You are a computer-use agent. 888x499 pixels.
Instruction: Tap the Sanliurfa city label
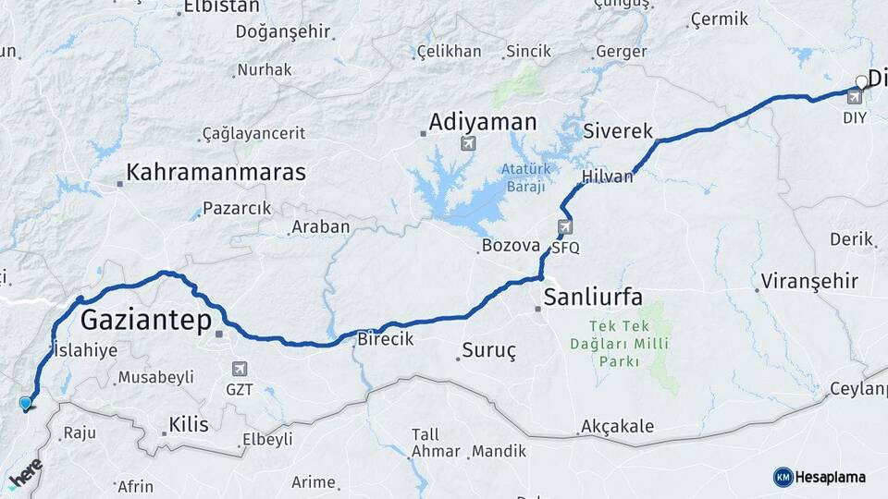(593, 297)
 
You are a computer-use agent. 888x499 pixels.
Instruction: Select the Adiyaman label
(482, 122)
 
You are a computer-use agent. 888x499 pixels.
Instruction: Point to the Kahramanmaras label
(216, 172)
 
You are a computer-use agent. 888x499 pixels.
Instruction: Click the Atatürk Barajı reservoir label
(526, 176)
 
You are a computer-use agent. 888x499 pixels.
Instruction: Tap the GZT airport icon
(240, 369)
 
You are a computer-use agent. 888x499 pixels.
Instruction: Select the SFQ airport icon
(565, 226)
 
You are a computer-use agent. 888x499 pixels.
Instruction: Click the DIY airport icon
(854, 97)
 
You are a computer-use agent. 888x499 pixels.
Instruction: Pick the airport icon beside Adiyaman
(468, 142)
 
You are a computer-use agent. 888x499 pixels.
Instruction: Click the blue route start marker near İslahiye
(25, 403)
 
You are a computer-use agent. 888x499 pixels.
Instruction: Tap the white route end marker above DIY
(861, 81)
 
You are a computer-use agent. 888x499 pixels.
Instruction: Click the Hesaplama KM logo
(819, 477)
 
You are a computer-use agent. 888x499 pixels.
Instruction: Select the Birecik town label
(385, 339)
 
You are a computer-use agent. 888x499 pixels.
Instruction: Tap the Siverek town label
(619, 131)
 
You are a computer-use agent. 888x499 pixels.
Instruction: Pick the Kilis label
(189, 424)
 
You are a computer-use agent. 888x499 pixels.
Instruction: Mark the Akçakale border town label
(617, 426)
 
